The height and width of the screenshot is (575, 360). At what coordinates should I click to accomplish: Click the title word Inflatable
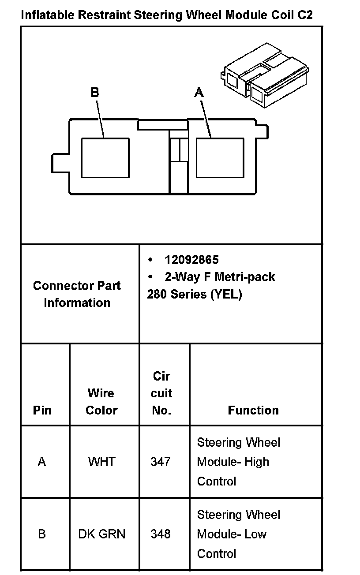[47, 15]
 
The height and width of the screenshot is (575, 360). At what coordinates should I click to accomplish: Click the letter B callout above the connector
[95, 93]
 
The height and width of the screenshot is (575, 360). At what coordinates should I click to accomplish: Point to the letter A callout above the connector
[199, 93]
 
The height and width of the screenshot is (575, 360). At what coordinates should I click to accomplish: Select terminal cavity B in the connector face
[105, 158]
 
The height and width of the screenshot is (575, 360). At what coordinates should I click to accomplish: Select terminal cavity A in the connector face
[220, 158]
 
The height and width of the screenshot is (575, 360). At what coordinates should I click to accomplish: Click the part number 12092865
[191, 260]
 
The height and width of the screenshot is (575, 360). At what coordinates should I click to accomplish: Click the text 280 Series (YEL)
[195, 295]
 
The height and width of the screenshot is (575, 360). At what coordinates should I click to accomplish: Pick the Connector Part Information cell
[77, 294]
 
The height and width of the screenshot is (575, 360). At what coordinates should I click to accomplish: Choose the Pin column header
[42, 411]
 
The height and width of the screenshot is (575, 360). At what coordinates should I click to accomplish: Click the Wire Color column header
[101, 402]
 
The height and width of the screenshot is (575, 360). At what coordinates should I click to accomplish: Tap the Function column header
[253, 411]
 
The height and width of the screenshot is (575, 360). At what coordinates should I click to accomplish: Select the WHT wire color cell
[101, 462]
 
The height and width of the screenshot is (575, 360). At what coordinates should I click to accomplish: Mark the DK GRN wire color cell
[102, 534]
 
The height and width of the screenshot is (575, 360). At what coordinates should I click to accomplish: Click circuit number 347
[161, 462]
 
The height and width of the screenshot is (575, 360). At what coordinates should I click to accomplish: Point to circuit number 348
[161, 534]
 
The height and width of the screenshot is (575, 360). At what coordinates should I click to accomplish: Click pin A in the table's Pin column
[42, 462]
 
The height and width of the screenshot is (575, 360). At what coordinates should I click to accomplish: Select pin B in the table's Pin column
[42, 534]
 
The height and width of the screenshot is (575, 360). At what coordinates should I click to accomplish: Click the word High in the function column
[257, 462]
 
